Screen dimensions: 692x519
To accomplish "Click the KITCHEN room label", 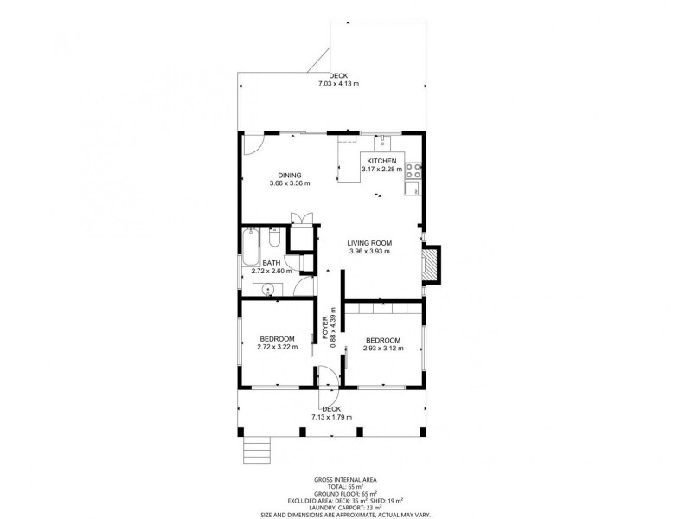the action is tap(381, 161).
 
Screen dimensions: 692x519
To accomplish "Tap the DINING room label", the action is tap(290, 176).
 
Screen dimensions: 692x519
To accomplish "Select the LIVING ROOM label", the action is tap(369, 243).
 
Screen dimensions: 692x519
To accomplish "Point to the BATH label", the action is tap(272, 264).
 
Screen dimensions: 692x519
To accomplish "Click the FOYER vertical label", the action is tap(325, 328).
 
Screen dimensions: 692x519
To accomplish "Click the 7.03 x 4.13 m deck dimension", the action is tap(338, 83).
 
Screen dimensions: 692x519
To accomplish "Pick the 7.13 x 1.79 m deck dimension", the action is tap(332, 417).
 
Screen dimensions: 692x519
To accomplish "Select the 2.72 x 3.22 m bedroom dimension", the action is tap(277, 347).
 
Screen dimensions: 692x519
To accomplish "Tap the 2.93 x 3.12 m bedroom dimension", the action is tap(383, 349).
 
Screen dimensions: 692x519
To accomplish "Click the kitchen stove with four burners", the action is tap(413, 170).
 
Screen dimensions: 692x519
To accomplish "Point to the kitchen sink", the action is tap(382, 144).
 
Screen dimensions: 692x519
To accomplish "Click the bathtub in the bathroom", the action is tap(250, 247).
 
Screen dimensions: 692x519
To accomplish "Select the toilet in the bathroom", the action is tap(273, 237).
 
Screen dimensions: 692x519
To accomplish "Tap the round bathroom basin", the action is tap(267, 290).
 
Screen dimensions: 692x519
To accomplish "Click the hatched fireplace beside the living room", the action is tap(431, 265).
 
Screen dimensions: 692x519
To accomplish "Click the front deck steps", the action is tap(256, 450).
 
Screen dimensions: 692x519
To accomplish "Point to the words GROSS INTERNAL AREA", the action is tap(345, 480).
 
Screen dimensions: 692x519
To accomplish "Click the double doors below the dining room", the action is tap(301, 219).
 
